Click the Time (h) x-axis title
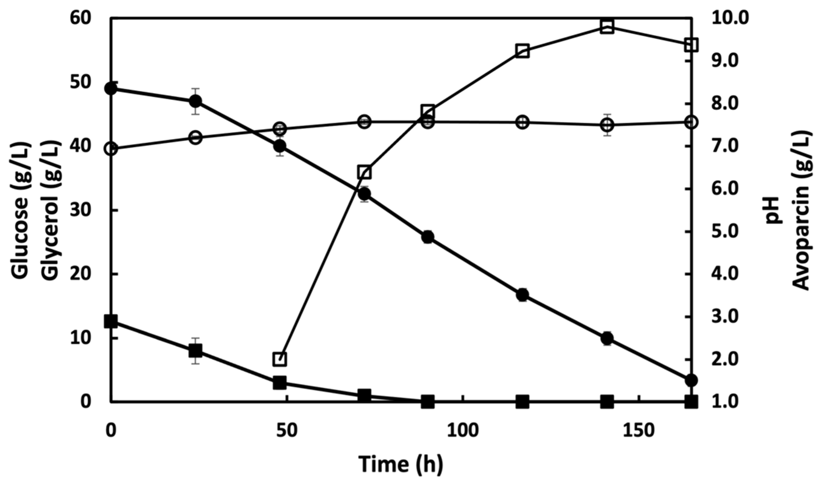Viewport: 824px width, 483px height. [x=401, y=464]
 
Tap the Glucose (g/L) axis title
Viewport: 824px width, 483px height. [x=21, y=211]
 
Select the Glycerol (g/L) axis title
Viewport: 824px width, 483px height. [x=51, y=211]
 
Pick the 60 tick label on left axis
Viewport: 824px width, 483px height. [x=80, y=18]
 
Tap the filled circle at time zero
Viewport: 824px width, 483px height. [x=111, y=88]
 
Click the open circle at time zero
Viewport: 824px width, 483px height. [x=111, y=149]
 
